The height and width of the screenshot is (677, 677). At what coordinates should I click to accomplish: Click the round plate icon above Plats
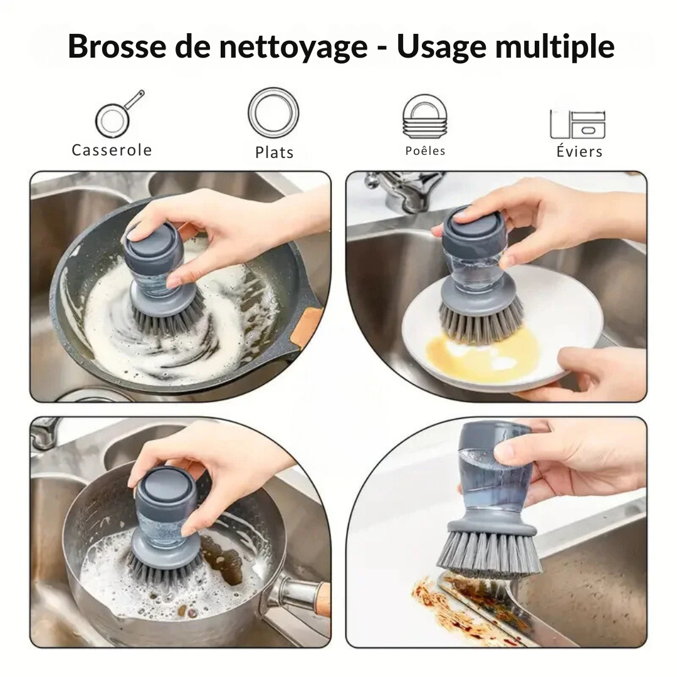[x=273, y=113]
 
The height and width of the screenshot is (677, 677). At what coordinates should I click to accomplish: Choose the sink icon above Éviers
[x=577, y=123]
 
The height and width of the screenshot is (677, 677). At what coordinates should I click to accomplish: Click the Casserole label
[x=112, y=150]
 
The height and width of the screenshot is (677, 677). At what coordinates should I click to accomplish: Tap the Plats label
[x=274, y=152]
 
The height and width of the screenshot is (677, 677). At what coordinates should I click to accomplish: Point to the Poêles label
[x=425, y=151]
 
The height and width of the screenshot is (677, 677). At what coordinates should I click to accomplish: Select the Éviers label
[x=579, y=152]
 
